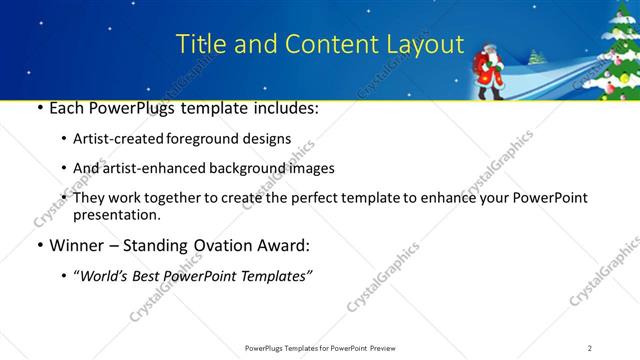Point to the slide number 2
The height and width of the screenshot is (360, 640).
pyautogui.click(x=590, y=347)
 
